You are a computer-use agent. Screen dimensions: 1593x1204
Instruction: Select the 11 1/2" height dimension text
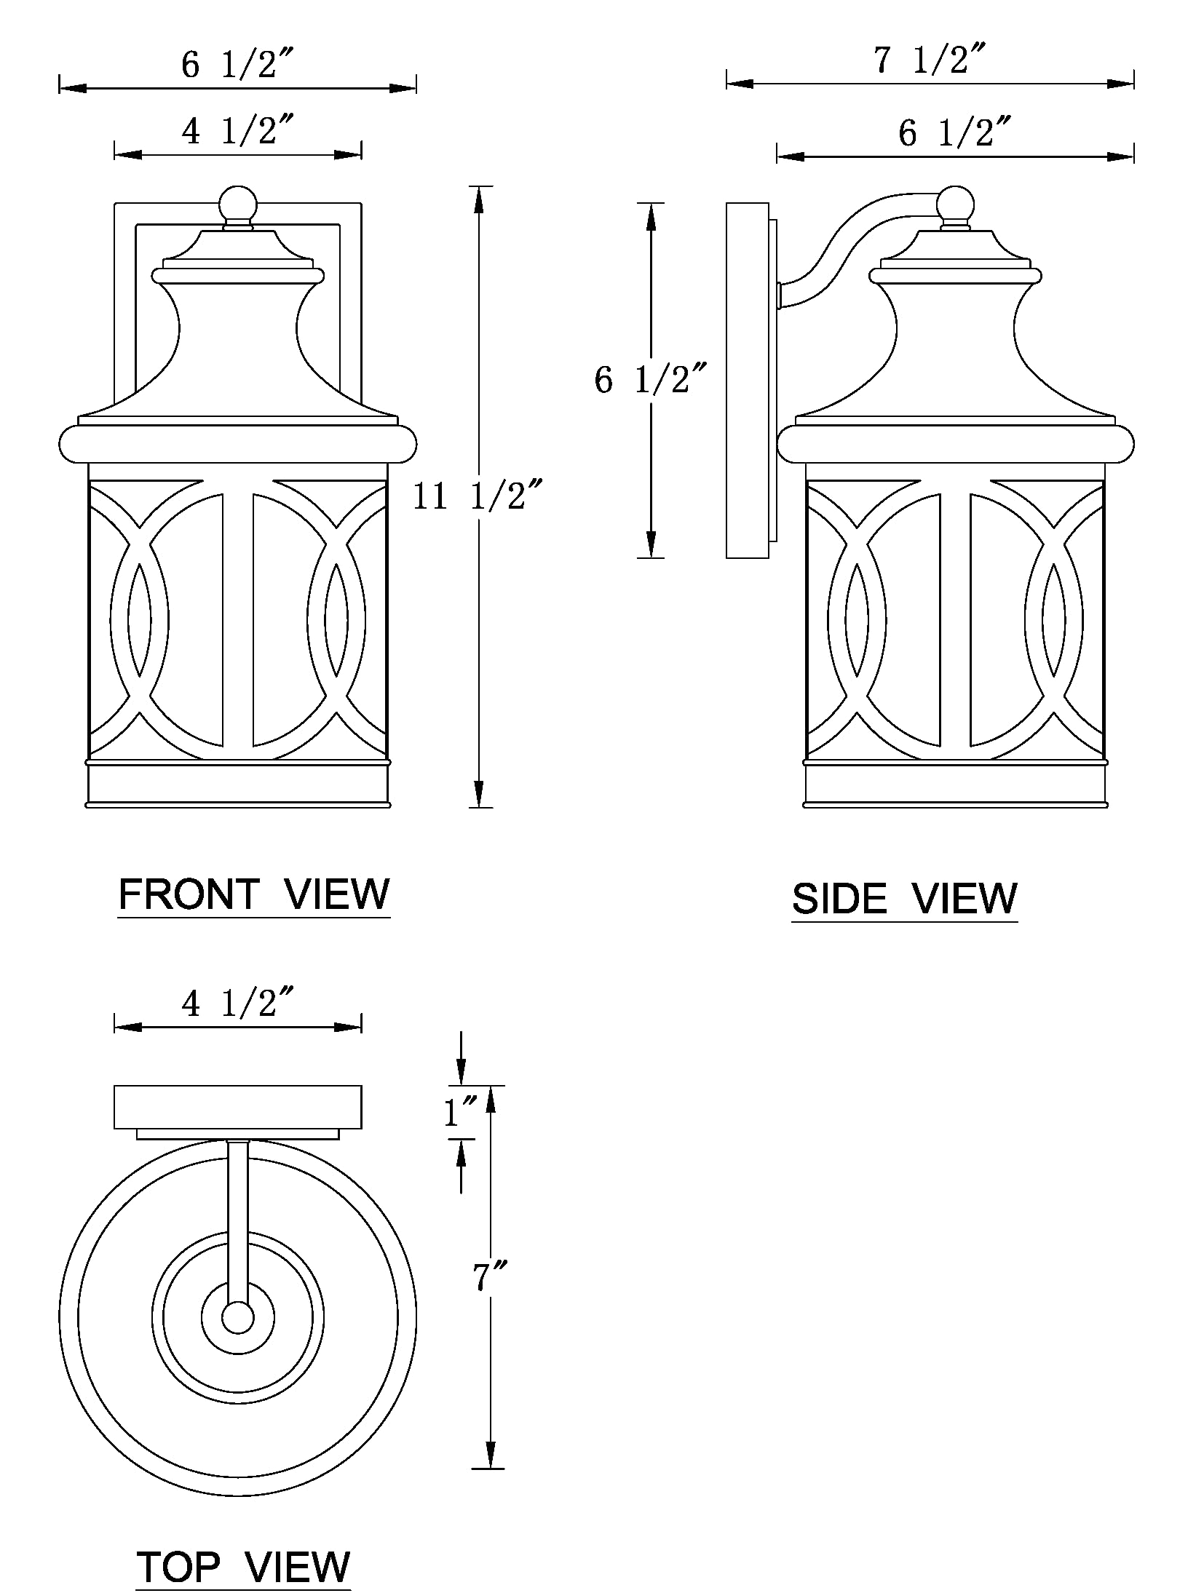(x=478, y=497)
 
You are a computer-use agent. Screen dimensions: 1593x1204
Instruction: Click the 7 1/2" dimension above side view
(x=930, y=60)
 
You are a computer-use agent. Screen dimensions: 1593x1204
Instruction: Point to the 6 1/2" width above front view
(x=237, y=65)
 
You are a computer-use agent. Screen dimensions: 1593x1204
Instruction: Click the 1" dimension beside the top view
(x=460, y=1112)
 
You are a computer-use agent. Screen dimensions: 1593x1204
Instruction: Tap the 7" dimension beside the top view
(x=490, y=1277)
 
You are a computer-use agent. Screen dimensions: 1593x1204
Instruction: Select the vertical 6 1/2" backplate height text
(x=649, y=380)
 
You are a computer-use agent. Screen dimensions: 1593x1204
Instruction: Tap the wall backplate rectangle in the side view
(x=747, y=380)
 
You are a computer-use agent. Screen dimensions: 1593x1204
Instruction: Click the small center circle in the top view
(x=237, y=1318)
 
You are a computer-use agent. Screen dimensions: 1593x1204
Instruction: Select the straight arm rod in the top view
(x=237, y=1223)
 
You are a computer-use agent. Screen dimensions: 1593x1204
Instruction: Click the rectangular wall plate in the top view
(x=237, y=1107)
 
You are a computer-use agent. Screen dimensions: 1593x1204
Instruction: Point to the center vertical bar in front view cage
(x=238, y=619)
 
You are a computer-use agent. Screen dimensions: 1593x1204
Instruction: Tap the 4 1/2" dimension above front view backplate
(x=237, y=132)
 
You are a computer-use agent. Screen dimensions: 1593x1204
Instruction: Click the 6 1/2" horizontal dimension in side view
(x=954, y=134)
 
